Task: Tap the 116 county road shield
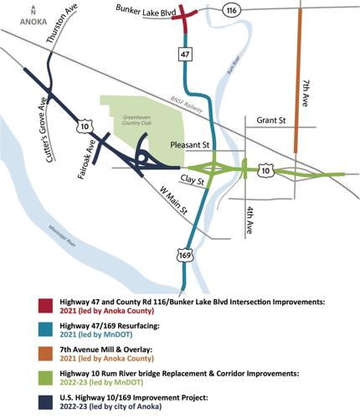[x=232, y=10]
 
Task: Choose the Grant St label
[x=271, y=121]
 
